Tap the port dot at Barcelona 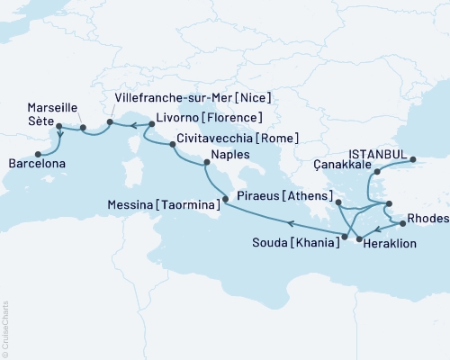coord(39,153)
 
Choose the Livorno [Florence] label coord(208,118)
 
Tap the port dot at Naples coord(208,164)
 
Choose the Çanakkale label coord(343,165)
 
